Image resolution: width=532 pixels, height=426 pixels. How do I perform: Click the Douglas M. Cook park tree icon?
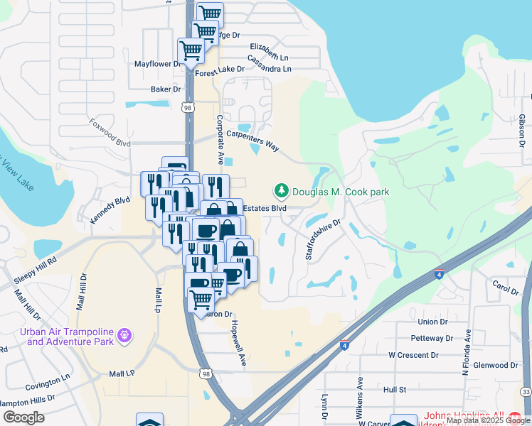282,191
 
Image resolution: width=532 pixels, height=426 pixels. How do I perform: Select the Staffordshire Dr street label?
324,239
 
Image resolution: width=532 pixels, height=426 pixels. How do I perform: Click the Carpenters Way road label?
252,140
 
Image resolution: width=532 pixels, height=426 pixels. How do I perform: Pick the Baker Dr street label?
166,89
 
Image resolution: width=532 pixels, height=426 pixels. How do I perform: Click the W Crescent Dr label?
413,355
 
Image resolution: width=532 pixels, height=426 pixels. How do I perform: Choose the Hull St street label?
394,390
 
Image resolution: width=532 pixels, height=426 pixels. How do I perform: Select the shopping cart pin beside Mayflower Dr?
191,50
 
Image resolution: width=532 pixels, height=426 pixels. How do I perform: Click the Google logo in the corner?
23,417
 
